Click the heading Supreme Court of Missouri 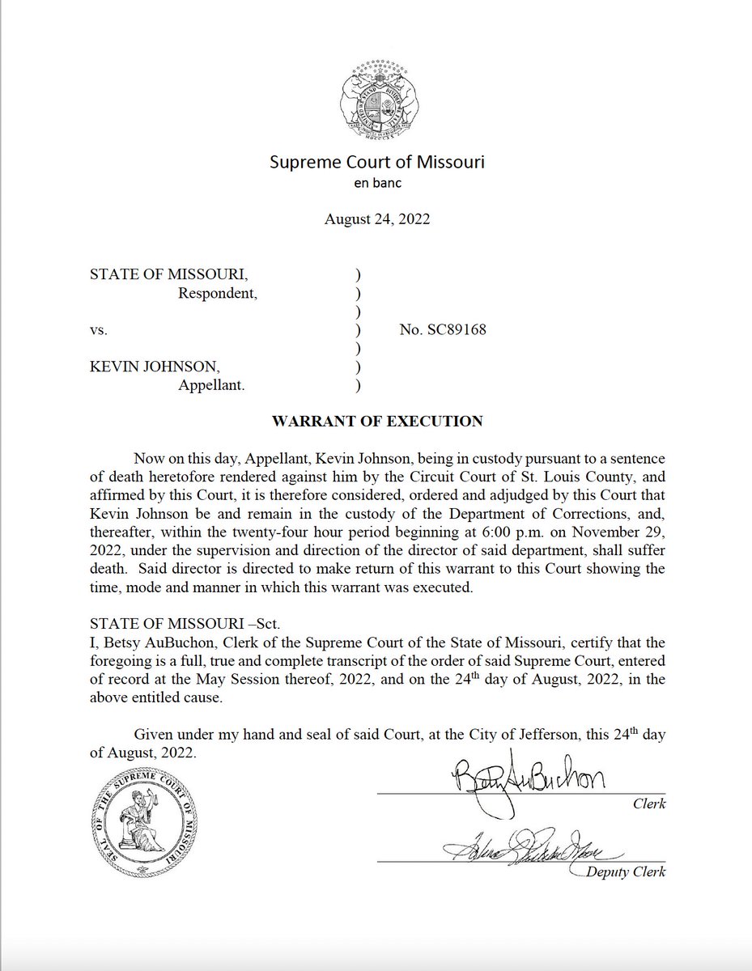(x=376, y=163)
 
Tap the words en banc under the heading (x=376, y=183)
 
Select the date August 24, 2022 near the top (x=376, y=219)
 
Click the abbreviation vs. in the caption (x=98, y=330)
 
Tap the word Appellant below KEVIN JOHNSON (x=211, y=385)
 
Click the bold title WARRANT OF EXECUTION (x=376, y=421)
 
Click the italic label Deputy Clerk (x=627, y=873)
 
